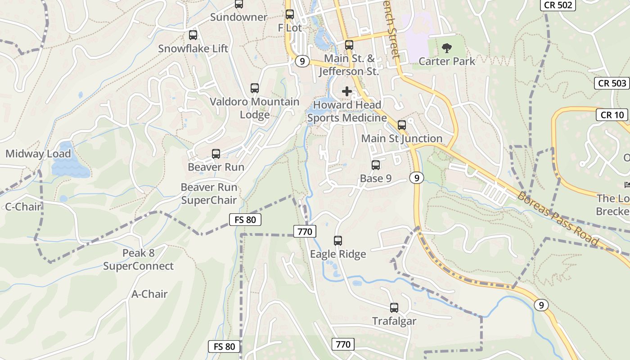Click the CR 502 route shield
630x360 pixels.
pyautogui.click(x=558, y=5)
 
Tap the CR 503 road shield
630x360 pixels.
pyautogui.click(x=612, y=83)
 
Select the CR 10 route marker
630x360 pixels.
pyautogui.click(x=612, y=115)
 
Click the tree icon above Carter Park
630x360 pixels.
pyautogui.click(x=447, y=48)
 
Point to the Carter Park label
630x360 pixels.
pyautogui.click(x=447, y=61)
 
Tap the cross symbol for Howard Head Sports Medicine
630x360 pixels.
pyautogui.click(x=347, y=91)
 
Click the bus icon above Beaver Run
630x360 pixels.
pyautogui.click(x=216, y=154)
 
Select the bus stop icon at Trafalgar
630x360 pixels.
pyautogui.click(x=394, y=308)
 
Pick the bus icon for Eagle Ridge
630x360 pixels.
pyautogui.click(x=338, y=241)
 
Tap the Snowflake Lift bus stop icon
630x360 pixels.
pyautogui.click(x=193, y=35)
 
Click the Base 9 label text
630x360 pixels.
pyautogui.click(x=376, y=179)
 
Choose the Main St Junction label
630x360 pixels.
pyautogui.click(x=402, y=139)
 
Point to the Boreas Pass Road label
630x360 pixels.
pyautogui.click(x=558, y=219)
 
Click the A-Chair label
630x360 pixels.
pyautogui.click(x=149, y=294)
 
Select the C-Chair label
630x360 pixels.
pyautogui.click(x=23, y=207)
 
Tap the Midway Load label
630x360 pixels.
pyautogui.click(x=38, y=154)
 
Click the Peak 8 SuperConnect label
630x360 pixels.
pyautogui.click(x=138, y=260)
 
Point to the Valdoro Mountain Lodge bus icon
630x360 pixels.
pyautogui.click(x=255, y=88)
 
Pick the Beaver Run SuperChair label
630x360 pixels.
pyautogui.click(x=209, y=193)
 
